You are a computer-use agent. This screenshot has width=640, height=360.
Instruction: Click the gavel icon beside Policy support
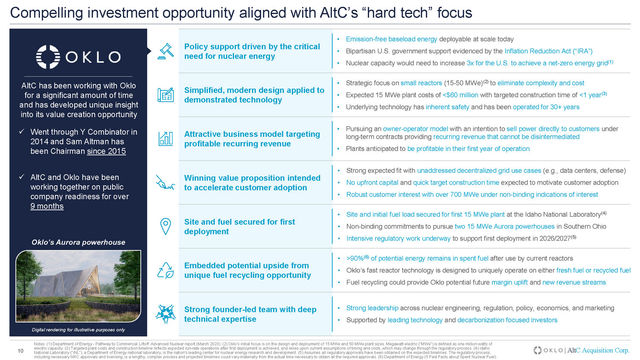click(x=166, y=52)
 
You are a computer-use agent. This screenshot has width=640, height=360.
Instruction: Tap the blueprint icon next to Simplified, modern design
click(x=166, y=95)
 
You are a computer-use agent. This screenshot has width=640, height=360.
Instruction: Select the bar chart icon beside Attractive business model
click(x=166, y=139)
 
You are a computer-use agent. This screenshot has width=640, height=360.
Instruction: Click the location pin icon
click(x=166, y=226)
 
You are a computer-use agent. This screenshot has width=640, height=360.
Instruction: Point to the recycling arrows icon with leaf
click(x=166, y=270)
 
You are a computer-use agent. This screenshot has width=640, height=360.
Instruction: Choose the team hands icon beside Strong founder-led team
click(x=166, y=314)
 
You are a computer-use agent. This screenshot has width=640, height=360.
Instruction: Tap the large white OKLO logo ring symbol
click(x=48, y=57)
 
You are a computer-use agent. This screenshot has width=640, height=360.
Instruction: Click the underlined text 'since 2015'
click(x=106, y=151)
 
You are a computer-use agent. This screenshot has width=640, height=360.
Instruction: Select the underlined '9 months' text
click(x=47, y=206)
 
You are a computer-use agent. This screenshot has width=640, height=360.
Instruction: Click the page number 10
click(x=20, y=351)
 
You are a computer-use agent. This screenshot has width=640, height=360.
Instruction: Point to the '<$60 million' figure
click(x=460, y=95)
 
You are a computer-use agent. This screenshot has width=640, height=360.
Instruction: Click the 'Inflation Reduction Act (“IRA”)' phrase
click(x=549, y=51)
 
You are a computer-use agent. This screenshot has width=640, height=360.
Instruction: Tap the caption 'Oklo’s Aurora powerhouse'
click(x=78, y=242)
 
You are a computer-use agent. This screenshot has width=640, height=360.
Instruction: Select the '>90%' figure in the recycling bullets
click(x=355, y=258)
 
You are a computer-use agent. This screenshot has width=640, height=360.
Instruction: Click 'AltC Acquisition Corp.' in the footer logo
click(x=598, y=350)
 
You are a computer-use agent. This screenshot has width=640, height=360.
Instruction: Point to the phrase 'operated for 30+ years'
click(x=546, y=107)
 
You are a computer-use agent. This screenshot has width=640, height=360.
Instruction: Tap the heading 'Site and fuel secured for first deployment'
click(x=239, y=226)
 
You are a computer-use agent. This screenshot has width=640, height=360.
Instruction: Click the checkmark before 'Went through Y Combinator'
click(x=21, y=131)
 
